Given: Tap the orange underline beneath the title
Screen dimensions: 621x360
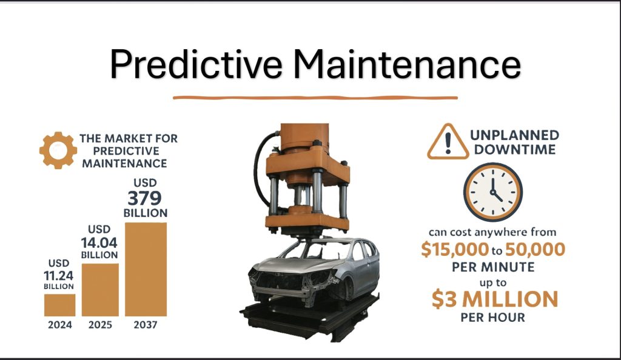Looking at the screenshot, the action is [x=315, y=98].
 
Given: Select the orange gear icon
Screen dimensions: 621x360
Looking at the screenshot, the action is [x=58, y=150].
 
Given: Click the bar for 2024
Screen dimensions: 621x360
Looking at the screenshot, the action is [x=60, y=305].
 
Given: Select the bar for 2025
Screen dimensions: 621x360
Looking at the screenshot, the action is [x=100, y=290].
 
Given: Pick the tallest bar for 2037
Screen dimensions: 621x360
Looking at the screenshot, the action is [x=146, y=270].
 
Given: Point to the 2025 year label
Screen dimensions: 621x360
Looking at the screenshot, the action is [x=100, y=325].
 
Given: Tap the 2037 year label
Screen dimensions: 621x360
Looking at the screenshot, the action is [x=146, y=325].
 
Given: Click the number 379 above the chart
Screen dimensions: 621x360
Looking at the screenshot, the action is [x=144, y=198].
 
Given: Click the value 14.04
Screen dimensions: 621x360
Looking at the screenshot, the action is [x=99, y=242].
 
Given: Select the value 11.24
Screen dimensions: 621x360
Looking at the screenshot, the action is [x=59, y=276].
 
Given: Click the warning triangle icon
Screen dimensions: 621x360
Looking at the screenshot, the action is [x=448, y=142].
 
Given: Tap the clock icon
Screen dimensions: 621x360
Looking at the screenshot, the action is [x=493, y=192].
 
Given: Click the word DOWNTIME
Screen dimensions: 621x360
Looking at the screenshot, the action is [x=515, y=150].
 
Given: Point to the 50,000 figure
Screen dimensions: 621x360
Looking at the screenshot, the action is [x=535, y=249].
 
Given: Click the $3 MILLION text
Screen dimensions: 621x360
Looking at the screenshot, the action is [x=495, y=299].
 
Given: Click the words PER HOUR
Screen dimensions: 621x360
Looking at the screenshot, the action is [x=492, y=318].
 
